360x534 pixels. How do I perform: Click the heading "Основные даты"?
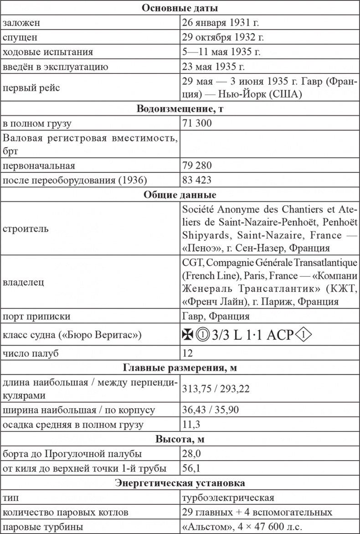point(180,8)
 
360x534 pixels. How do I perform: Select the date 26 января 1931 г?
point(221,22)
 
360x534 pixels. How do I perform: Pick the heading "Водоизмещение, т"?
point(180,109)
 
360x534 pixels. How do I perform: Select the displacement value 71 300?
point(196,124)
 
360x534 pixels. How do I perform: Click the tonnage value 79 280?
point(196,165)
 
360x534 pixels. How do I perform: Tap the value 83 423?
point(196,180)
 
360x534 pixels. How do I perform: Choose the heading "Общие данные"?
point(180,194)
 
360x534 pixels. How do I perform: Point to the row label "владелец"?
point(23,282)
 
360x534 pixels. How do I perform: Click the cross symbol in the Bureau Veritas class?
point(187,335)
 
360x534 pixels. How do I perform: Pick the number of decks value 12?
point(187,353)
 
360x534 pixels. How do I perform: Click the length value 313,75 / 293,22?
point(216,389)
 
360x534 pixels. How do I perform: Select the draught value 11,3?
point(190,425)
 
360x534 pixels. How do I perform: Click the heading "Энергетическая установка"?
point(180,482)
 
